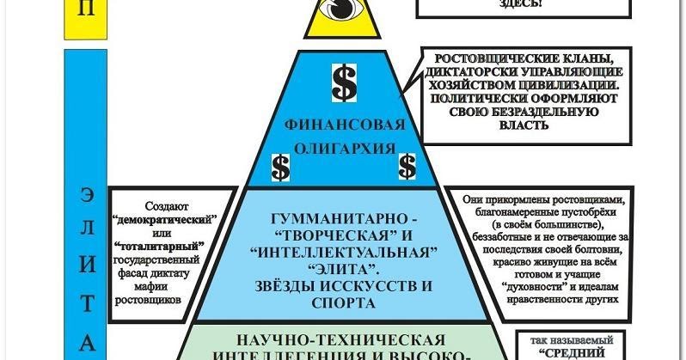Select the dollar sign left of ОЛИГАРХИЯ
(280, 166)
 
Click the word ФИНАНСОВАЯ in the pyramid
(344, 125)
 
